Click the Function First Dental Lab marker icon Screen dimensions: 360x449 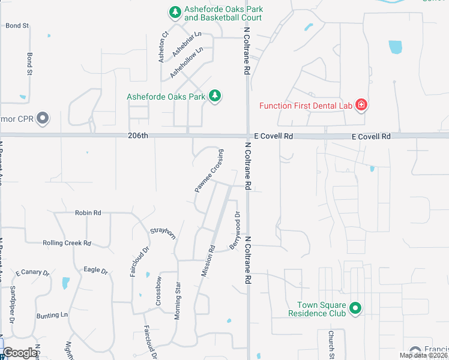(361, 106)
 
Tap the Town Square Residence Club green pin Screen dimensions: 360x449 (355, 308)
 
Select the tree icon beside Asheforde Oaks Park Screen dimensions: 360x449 (215, 96)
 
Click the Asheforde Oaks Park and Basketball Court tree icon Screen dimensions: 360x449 (175, 12)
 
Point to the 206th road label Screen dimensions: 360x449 (137, 136)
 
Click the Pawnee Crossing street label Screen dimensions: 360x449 (209, 170)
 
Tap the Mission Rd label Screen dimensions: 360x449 (208, 260)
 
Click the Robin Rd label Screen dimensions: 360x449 (88, 212)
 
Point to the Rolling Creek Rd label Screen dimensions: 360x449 (67, 243)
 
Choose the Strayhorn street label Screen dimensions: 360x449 (163, 232)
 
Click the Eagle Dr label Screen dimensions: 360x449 (95, 270)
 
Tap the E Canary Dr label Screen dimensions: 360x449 (32, 272)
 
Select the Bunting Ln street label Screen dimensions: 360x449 (52, 314)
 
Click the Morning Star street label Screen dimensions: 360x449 (178, 300)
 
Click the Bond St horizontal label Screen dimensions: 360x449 (17, 26)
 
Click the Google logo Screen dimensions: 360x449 (20, 353)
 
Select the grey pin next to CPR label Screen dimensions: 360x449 (43, 118)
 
